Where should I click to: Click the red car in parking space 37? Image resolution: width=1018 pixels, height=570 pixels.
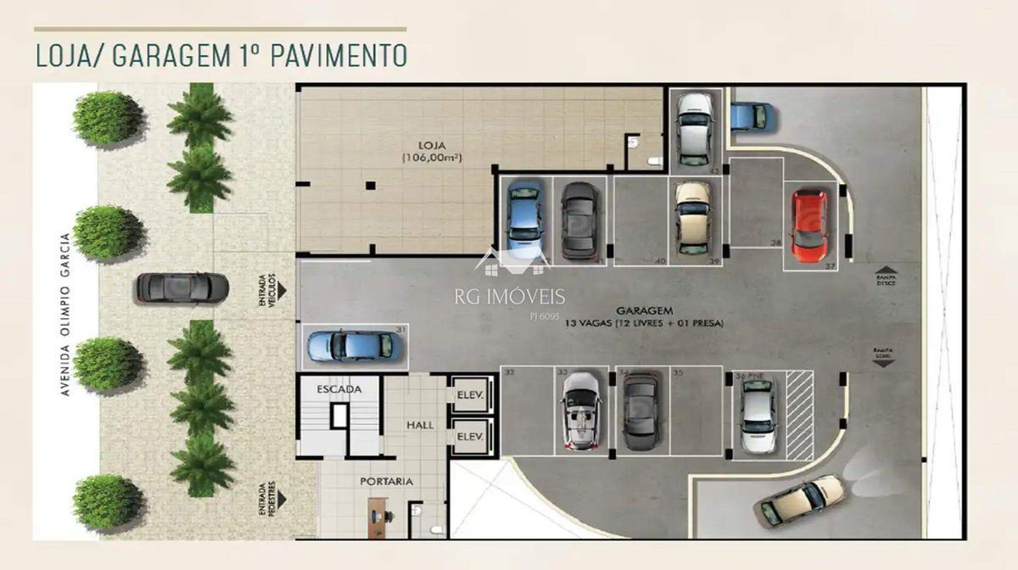point(808,226)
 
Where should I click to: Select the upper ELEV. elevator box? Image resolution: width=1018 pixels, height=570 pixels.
point(470,394)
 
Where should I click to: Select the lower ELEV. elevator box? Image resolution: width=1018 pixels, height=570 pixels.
point(470,437)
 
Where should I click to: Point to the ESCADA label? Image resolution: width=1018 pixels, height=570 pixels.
point(339,389)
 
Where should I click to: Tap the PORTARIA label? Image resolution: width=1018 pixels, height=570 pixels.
point(386,481)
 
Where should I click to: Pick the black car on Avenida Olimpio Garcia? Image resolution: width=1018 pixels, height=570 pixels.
point(182,288)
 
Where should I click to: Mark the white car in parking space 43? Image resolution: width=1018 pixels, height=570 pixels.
point(695,129)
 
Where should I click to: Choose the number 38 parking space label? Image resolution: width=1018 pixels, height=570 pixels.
point(775,242)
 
